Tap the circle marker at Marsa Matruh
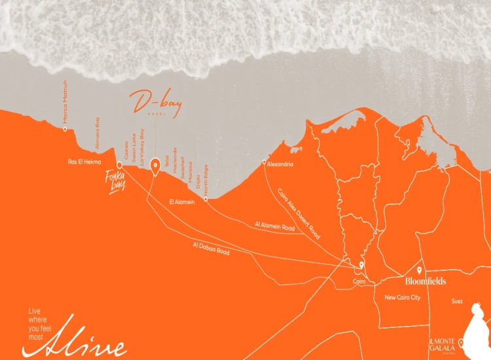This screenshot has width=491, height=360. pos(65,129)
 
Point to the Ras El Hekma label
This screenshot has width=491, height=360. pos(85,161)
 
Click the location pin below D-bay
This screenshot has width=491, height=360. pos(155,166)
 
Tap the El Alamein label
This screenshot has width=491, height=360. pos(183,202)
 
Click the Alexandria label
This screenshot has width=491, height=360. pos(280,164)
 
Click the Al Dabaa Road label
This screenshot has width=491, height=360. pos(211,248)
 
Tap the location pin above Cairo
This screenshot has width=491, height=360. pos(361,266)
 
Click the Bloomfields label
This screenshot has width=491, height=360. pos(426,281)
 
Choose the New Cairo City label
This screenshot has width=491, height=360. pos(402,298)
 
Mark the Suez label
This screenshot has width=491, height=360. pos(457,302)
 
